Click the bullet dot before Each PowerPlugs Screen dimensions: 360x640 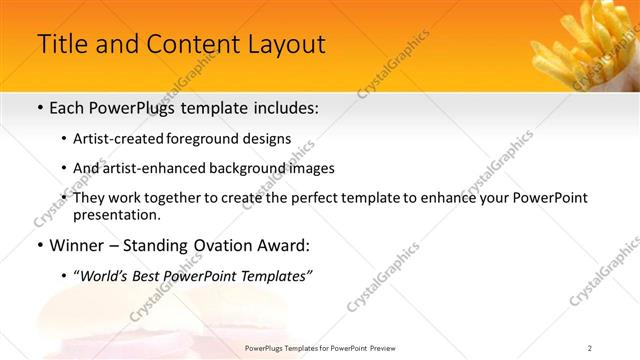(39, 108)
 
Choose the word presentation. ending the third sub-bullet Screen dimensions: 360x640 (116, 214)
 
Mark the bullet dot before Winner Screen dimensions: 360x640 (39, 245)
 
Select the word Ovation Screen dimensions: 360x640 (229, 245)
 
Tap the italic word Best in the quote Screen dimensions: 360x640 (153, 275)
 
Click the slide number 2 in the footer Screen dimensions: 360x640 (589, 348)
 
